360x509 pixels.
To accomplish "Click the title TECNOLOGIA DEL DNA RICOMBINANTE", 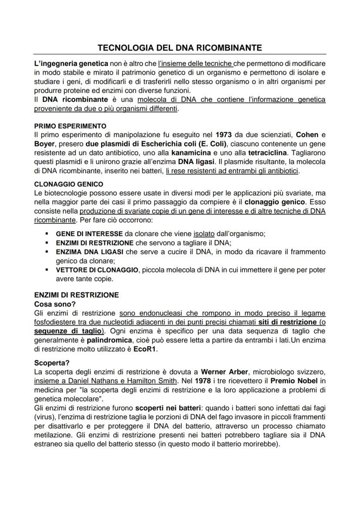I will tap(180, 47).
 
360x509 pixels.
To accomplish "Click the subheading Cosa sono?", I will tap(52, 304).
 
